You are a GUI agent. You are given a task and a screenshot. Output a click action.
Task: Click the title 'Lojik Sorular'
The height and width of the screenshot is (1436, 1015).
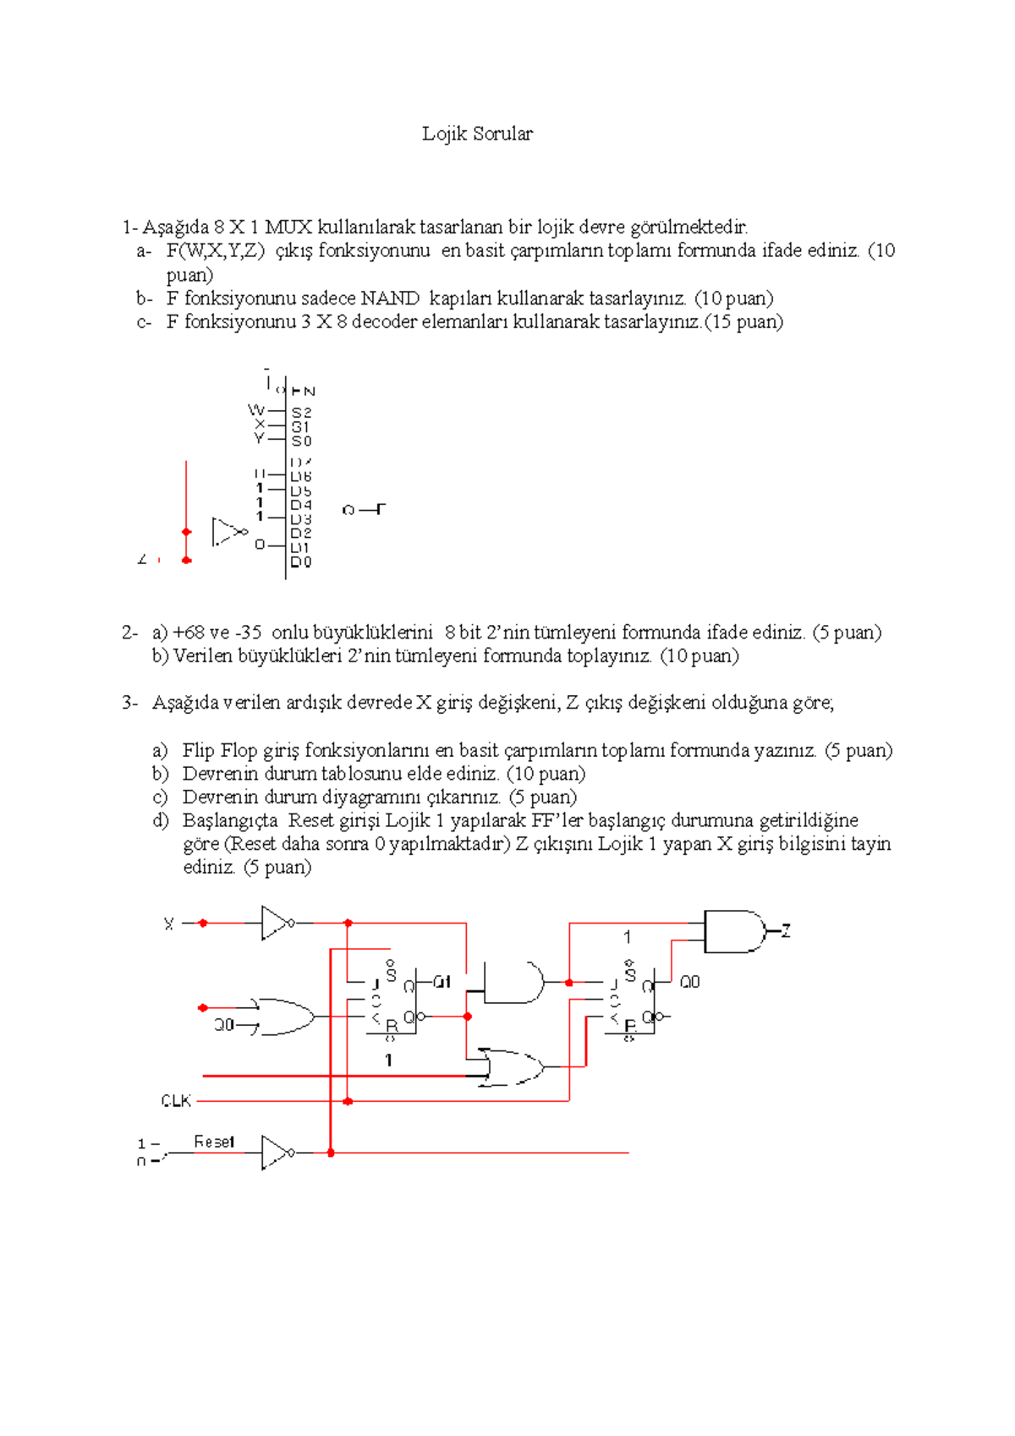[x=477, y=134]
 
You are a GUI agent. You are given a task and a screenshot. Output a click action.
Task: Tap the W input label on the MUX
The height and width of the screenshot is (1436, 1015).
[x=255, y=410]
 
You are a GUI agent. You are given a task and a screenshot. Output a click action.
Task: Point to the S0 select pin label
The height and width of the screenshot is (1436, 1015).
[x=301, y=441]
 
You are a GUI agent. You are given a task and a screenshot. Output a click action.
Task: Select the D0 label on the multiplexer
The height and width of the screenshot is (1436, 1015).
[x=301, y=562]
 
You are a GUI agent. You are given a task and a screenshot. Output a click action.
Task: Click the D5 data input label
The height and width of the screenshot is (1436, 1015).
[x=301, y=491]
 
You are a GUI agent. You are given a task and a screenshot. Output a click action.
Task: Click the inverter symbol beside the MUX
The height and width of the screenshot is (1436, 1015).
[x=227, y=532]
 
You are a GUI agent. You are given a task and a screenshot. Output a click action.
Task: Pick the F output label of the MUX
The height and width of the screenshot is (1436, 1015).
[x=380, y=509]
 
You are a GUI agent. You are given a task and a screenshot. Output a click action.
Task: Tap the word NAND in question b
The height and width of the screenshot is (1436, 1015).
[x=390, y=299]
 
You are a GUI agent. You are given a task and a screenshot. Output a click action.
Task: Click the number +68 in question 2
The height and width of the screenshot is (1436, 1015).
[x=189, y=633]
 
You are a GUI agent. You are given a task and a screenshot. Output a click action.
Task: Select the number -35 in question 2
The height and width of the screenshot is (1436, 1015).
[x=248, y=633]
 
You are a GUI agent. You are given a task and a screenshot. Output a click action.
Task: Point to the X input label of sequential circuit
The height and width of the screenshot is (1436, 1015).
[x=169, y=924]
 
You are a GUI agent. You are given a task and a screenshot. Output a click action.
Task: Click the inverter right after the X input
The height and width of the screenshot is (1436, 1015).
[x=276, y=924]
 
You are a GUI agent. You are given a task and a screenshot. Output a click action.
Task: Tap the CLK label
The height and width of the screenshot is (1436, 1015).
[x=176, y=1101]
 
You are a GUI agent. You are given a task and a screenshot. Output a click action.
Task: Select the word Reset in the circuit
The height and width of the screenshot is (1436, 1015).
[x=214, y=1142]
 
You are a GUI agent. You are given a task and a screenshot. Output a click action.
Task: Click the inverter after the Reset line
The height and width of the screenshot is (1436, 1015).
[x=276, y=1153]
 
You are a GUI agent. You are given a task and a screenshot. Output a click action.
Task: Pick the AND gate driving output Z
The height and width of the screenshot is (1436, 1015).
[x=732, y=932]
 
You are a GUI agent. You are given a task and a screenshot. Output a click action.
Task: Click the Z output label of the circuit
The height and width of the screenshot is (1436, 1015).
[x=786, y=931]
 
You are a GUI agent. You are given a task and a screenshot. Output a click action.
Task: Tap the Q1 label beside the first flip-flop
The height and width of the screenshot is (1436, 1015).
[x=442, y=982]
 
